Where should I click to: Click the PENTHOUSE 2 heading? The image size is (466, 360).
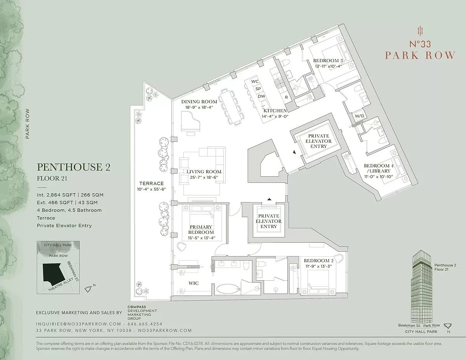[x=74, y=167]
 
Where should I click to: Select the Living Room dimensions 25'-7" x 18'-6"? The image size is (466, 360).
[x=204, y=177]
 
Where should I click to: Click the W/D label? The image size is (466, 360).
[x=359, y=116]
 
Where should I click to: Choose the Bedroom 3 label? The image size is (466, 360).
[x=328, y=61]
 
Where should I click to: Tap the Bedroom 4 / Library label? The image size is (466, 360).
[x=379, y=169]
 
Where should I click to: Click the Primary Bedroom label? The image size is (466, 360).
[x=201, y=230]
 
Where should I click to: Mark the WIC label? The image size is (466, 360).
[x=193, y=283]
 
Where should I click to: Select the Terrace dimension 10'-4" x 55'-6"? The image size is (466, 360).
[x=152, y=190]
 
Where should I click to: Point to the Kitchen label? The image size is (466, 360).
[x=275, y=111]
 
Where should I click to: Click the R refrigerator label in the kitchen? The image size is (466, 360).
[x=286, y=97]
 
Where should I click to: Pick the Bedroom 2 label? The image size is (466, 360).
[x=318, y=261]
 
